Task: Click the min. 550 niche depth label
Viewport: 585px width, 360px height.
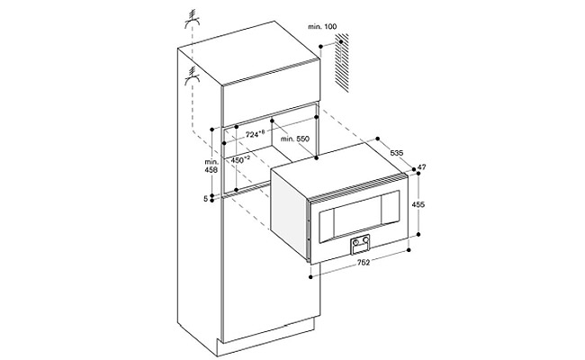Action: (x=295, y=141)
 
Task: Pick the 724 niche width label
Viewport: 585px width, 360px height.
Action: (x=257, y=133)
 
